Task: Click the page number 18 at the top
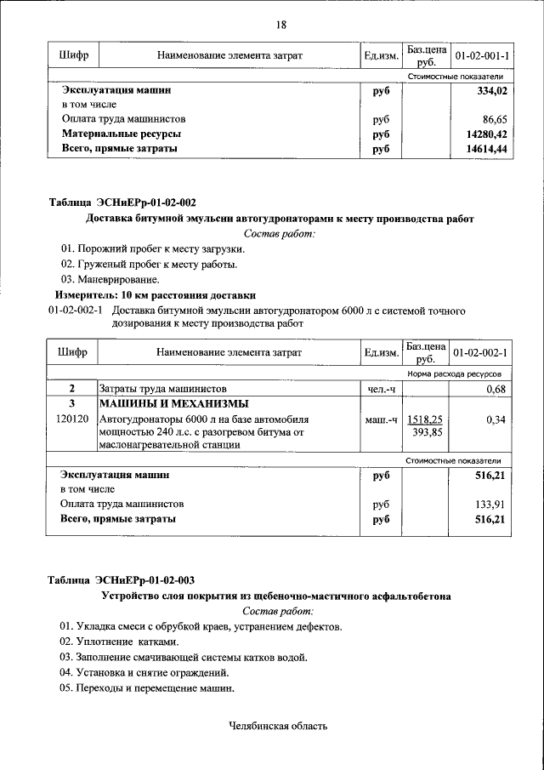pyautogui.click(x=280, y=25)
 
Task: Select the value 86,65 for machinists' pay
pyautogui.click(x=494, y=119)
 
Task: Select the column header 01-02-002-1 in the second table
pyautogui.click(x=480, y=352)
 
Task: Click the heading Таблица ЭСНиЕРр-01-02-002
pyautogui.click(x=122, y=202)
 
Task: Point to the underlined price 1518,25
pyautogui.click(x=425, y=419)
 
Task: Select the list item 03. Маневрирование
pyautogui.click(x=109, y=279)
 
